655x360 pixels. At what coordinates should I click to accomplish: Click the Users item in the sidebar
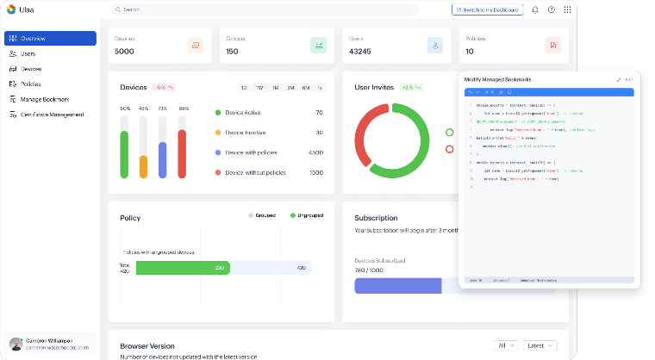point(28,53)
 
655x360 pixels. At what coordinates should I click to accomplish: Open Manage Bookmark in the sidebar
point(44,99)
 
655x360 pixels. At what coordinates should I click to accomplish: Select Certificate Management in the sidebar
point(52,115)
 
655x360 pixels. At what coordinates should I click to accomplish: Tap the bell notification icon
point(535,9)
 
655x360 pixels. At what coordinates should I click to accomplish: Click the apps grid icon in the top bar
point(567,9)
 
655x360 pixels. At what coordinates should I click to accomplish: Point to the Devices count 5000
point(124,52)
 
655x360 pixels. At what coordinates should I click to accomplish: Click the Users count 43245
point(362,52)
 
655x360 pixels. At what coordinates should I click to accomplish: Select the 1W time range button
point(259,88)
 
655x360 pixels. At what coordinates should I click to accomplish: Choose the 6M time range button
point(304,88)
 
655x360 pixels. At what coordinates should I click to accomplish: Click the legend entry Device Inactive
point(246,133)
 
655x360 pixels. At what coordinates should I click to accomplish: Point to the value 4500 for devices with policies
point(315,152)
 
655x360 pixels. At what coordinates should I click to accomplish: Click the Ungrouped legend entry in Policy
point(309,214)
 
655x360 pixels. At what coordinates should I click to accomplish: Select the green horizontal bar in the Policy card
point(183,268)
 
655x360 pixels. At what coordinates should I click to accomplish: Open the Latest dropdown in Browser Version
point(538,345)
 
